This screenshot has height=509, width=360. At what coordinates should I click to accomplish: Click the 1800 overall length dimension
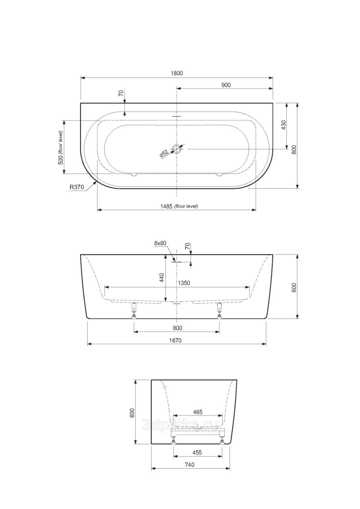(177, 73)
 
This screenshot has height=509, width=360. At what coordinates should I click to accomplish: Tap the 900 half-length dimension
(226, 85)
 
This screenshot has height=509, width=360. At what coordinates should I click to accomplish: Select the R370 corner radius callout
(77, 187)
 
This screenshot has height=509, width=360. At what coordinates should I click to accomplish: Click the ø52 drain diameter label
(164, 154)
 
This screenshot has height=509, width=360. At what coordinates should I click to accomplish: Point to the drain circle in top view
(177, 149)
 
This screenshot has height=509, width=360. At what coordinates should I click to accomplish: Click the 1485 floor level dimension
(179, 206)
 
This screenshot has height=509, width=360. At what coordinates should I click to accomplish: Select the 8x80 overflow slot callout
(160, 243)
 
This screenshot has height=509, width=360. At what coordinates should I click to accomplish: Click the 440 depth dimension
(162, 278)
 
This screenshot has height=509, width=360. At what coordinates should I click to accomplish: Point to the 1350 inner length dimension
(184, 283)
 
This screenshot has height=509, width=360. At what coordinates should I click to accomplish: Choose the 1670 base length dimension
(176, 340)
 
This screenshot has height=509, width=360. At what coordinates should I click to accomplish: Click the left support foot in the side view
(134, 310)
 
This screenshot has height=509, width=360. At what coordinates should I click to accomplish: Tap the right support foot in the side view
(219, 310)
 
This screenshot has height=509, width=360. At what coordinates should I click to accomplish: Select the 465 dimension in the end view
(197, 412)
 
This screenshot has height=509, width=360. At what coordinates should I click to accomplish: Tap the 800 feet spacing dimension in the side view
(177, 328)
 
